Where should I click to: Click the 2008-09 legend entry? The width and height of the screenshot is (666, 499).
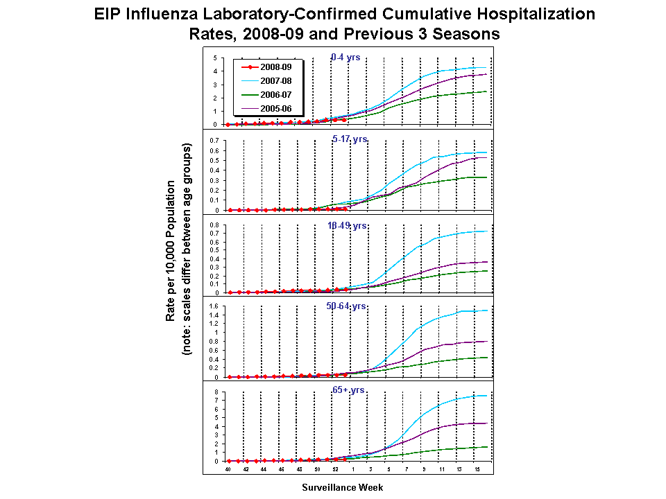271,67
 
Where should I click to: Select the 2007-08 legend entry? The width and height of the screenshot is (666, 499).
271,81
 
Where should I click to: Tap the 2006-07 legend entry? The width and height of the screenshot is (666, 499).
271,95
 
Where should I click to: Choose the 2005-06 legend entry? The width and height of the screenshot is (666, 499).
271,109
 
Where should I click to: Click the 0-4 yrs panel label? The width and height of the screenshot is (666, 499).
345,58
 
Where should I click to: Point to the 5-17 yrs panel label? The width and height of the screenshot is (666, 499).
350,139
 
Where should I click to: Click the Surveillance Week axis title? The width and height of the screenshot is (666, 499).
342,487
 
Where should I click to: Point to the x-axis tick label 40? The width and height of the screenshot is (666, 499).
227,469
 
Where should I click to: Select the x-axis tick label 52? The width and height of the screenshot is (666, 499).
335,469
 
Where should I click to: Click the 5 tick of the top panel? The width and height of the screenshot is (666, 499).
216,58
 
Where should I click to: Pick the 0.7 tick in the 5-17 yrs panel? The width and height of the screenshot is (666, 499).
214,140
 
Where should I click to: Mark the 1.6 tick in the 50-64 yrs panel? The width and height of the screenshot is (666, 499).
214,306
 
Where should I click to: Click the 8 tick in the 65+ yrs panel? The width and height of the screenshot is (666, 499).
216,392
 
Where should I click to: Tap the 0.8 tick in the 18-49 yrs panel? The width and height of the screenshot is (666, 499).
214,225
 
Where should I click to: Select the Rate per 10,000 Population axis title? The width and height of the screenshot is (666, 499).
171,251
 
